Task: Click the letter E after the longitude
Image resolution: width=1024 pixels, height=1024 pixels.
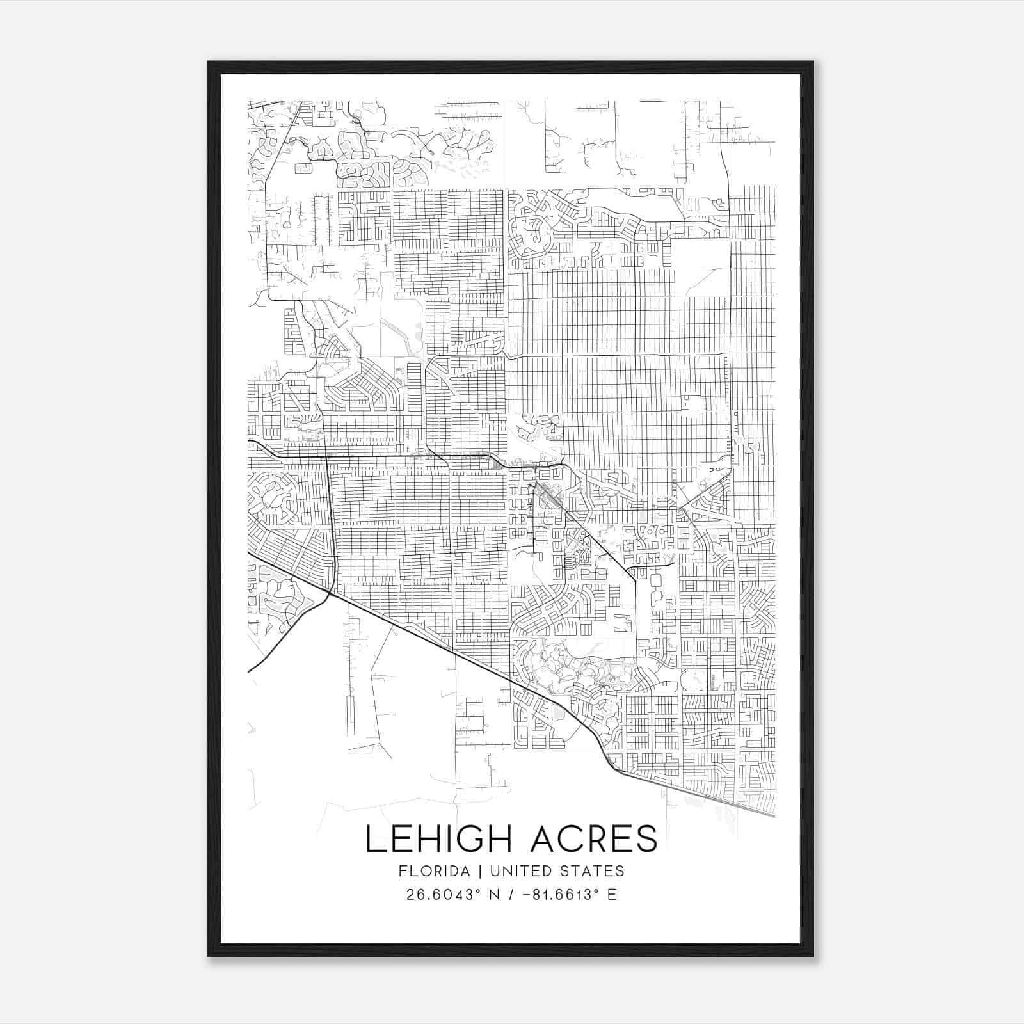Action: click(612, 895)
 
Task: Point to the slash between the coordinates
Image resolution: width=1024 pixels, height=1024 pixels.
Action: click(511, 895)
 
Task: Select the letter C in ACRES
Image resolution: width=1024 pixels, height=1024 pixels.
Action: click(561, 838)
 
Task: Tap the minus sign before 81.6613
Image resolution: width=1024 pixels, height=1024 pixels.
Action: click(526, 895)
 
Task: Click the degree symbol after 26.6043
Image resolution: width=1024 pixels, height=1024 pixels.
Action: click(477, 890)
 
